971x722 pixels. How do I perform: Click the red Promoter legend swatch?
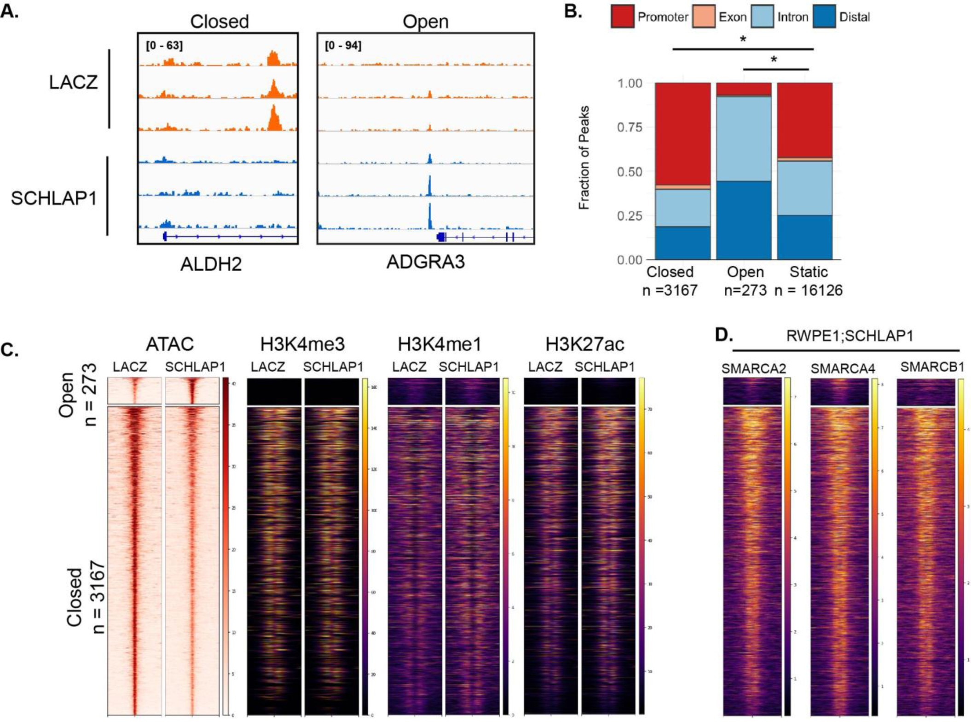(x=622, y=17)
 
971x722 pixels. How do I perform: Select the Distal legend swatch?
(x=824, y=17)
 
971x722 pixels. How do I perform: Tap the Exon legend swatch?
(x=704, y=17)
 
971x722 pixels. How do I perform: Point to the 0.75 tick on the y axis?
(x=629, y=127)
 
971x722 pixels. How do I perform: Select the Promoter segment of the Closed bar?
(x=682, y=134)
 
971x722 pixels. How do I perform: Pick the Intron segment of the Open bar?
(x=744, y=138)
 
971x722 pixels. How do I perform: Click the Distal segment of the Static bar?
(x=804, y=237)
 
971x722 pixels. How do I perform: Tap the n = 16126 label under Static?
(x=809, y=291)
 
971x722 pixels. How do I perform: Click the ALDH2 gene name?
(x=211, y=264)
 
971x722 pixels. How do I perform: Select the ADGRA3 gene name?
(x=425, y=262)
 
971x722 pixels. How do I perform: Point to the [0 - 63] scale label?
(x=164, y=46)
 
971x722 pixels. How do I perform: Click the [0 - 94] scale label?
(x=343, y=46)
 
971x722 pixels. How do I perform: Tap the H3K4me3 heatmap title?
(x=302, y=344)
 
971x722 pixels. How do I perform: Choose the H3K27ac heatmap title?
(x=584, y=344)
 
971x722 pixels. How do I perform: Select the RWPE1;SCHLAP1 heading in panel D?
(x=850, y=336)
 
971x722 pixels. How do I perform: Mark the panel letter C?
(x=9, y=350)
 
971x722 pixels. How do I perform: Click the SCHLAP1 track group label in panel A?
(x=54, y=198)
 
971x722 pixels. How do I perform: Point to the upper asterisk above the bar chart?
(x=743, y=40)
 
